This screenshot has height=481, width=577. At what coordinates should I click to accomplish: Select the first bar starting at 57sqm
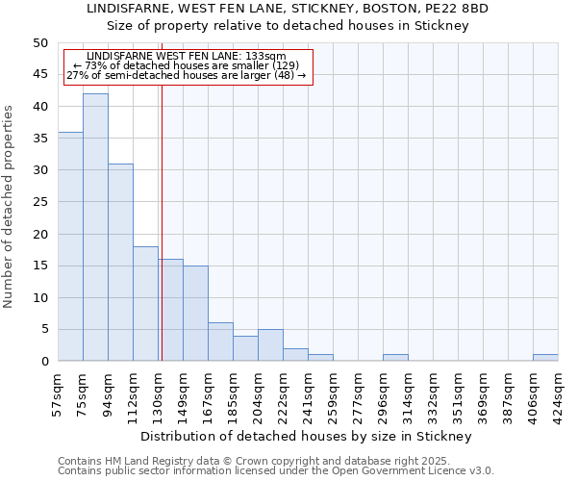click(70, 246)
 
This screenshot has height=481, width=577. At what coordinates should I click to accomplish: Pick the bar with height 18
click(145, 303)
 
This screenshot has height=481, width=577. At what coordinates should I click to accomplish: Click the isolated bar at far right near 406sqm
click(545, 358)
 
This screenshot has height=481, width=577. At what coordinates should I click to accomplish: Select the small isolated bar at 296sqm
click(395, 358)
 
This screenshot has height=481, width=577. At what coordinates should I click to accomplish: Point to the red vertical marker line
click(162, 221)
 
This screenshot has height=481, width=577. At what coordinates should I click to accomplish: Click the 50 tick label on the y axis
click(39, 43)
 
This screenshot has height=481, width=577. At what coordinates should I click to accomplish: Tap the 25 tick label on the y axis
click(39, 202)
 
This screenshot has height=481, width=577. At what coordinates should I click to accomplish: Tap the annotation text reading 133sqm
click(263, 57)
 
